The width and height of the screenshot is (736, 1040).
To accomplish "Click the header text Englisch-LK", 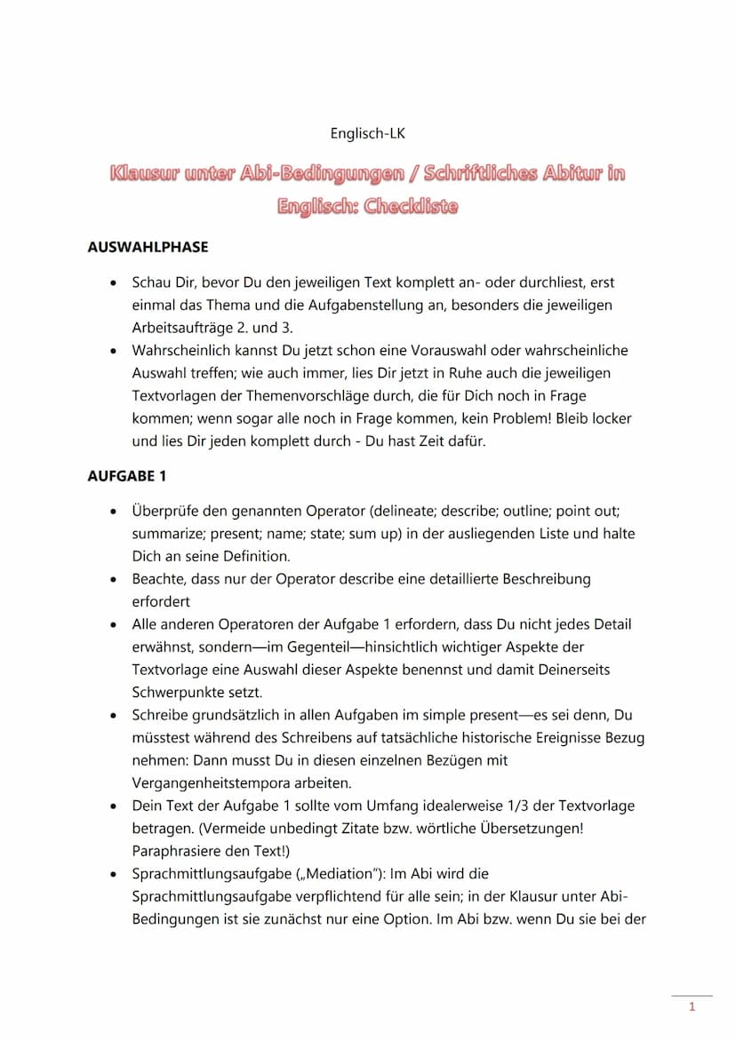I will pos(368,133).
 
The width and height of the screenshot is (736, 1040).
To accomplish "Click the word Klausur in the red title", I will pos(143,173).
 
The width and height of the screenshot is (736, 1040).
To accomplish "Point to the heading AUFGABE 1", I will pos(127,476).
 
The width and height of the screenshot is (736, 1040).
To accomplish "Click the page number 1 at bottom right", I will pos(692,1007).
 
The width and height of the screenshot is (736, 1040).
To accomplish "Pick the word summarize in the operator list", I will pos(166,534).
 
